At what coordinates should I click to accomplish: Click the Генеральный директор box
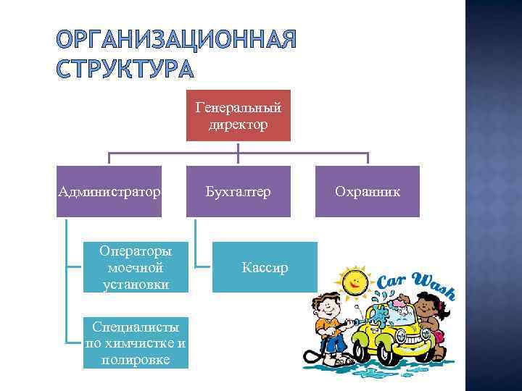(x=238, y=116)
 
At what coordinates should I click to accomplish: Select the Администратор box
(x=109, y=191)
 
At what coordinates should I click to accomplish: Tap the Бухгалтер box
(x=238, y=191)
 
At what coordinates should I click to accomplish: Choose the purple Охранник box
(x=367, y=191)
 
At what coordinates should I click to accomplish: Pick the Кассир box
(x=265, y=267)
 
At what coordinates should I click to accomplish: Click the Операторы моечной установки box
(x=136, y=267)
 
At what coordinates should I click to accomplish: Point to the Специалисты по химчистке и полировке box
(x=136, y=342)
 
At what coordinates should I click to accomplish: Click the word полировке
(x=136, y=359)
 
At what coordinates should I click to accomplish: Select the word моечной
(x=136, y=267)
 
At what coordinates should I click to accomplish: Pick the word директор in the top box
(x=238, y=125)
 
